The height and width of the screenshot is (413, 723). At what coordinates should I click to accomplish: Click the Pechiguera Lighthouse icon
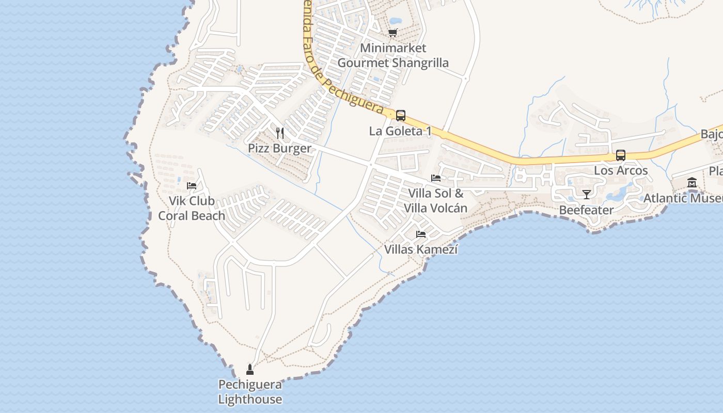(250, 369)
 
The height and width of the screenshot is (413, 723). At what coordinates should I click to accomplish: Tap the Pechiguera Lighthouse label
(250, 392)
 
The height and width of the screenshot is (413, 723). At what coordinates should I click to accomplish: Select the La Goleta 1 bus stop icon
(401, 116)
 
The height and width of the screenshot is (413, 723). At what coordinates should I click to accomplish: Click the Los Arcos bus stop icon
(621, 155)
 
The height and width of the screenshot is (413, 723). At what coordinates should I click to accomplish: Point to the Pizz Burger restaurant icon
(280, 133)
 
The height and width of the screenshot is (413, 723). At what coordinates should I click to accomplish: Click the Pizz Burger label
(280, 149)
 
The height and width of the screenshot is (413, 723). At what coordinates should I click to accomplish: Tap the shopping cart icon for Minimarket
(393, 33)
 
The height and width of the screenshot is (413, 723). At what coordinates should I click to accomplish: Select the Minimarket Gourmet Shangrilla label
(393, 56)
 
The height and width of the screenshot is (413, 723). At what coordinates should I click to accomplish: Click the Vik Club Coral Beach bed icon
(192, 186)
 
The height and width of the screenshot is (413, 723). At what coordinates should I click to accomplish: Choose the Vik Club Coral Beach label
(192, 209)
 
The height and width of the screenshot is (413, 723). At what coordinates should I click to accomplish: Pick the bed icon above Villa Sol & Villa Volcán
(436, 178)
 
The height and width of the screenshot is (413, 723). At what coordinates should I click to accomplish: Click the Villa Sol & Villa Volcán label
(436, 201)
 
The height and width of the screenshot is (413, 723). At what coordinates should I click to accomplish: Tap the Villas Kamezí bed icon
(421, 234)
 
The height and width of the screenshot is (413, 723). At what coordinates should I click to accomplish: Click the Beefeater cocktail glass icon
(587, 195)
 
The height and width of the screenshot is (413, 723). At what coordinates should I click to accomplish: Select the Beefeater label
(587, 210)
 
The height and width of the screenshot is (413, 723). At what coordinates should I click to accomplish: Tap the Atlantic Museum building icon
(692, 183)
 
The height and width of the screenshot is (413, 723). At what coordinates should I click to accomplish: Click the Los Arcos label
(621, 171)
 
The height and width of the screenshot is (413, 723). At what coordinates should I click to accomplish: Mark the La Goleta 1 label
(400, 131)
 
